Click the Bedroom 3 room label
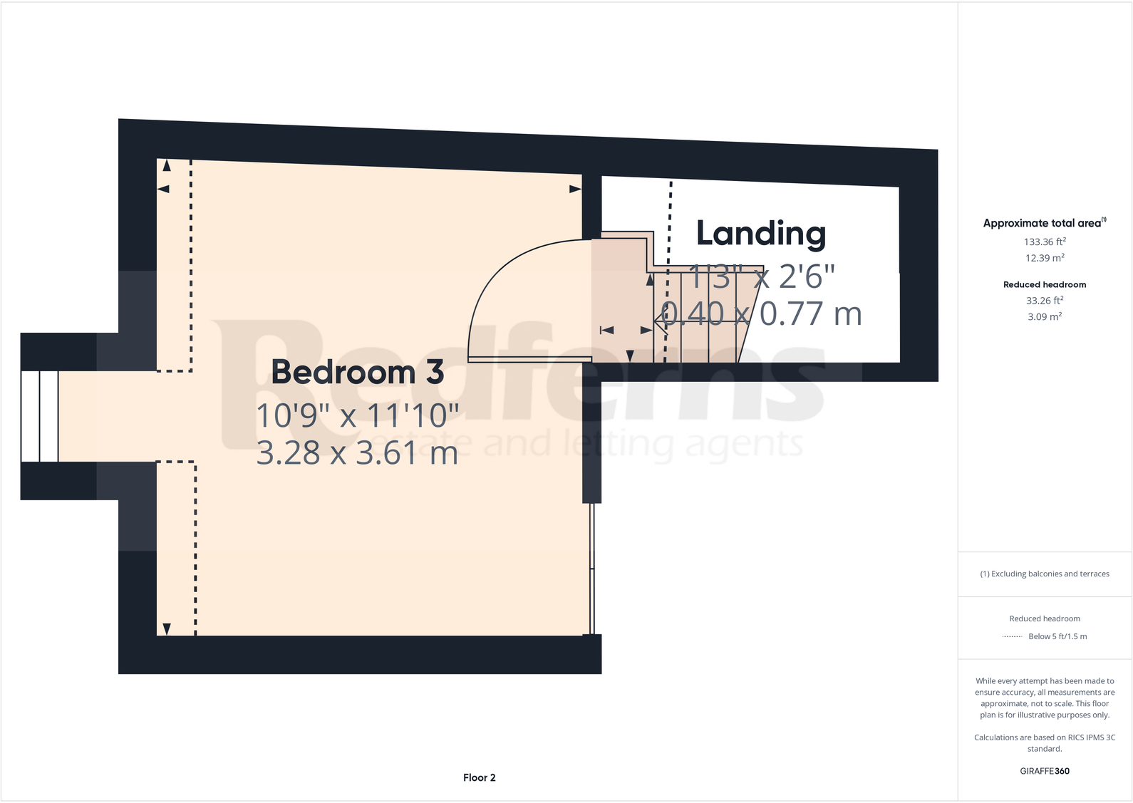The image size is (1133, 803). click(x=357, y=373)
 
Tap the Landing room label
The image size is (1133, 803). click(x=760, y=234)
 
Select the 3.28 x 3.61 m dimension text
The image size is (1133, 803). click(x=357, y=453)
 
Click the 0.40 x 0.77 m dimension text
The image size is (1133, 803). click(x=762, y=314)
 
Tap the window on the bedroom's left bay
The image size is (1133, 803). click(x=39, y=416)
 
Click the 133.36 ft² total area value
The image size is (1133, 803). click(x=1045, y=242)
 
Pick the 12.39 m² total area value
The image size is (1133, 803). click(x=1045, y=259)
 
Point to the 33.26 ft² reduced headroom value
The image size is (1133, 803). click(x=1045, y=301)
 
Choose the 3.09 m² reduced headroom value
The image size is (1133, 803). click(x=1045, y=317)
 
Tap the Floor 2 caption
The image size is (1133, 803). click(x=479, y=777)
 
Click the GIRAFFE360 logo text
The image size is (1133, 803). click(x=1045, y=771)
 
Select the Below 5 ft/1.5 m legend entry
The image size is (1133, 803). click(x=1057, y=636)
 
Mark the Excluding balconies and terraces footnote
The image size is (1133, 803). click(x=1045, y=574)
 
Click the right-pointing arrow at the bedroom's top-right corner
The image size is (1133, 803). click(x=575, y=189)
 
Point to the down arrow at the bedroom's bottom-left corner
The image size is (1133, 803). click(x=167, y=628)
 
